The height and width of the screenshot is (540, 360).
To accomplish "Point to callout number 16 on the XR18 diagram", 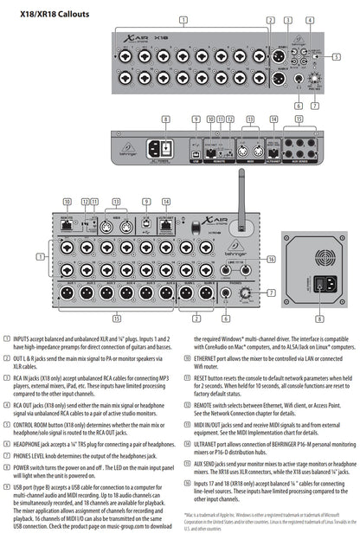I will click(x=270, y=259).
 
